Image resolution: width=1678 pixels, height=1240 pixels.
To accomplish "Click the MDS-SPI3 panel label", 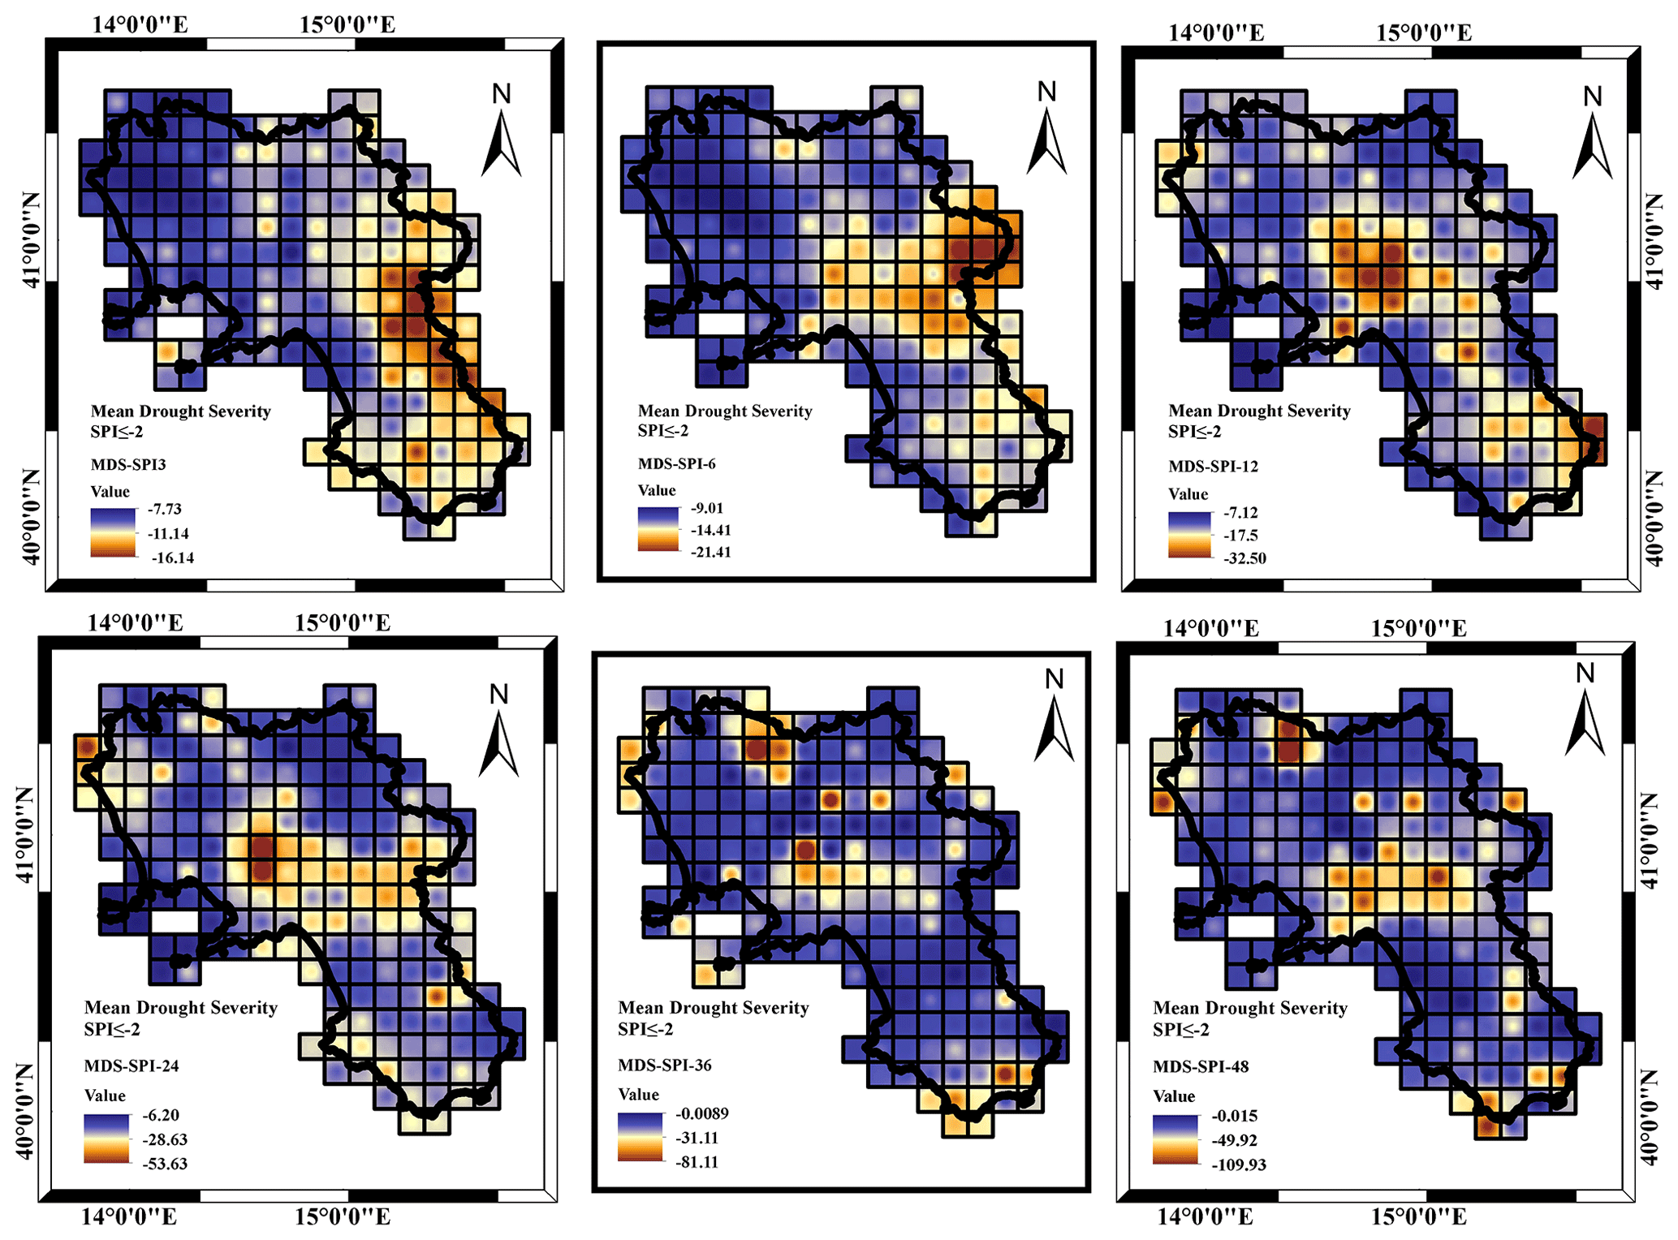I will coord(128,465).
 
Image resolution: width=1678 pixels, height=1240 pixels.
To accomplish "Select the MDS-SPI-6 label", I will coord(676,464).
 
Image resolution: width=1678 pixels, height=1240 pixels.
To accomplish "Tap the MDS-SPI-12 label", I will coord(1213,467).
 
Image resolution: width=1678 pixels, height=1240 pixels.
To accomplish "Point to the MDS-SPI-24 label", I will coord(132,1066).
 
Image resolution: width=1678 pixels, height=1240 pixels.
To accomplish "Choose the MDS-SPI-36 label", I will coord(664,1066).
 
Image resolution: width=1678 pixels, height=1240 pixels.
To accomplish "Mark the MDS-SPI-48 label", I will coord(1201,1066).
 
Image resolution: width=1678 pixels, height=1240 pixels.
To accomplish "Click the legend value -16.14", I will coord(172,558).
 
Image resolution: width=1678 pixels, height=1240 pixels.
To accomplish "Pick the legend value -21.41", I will coord(710,553).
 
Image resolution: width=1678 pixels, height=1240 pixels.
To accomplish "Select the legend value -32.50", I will coord(1244,558).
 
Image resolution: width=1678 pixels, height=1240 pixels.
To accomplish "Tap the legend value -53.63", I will coord(165,1164).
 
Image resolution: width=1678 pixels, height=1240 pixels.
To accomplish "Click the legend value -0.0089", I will coord(701,1113).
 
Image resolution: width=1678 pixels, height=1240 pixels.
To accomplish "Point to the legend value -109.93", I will coord(1239,1165).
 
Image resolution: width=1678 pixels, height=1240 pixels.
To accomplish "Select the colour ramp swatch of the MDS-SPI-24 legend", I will coord(106,1139).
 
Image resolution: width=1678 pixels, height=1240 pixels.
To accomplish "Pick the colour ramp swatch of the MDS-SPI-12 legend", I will coord(1190,535).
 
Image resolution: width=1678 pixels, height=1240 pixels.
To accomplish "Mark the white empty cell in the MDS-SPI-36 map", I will coord(719,924).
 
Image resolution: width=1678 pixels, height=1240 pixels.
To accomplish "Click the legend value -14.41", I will coord(710,531).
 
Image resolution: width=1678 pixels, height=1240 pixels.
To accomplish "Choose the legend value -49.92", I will coord(1235,1141).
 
